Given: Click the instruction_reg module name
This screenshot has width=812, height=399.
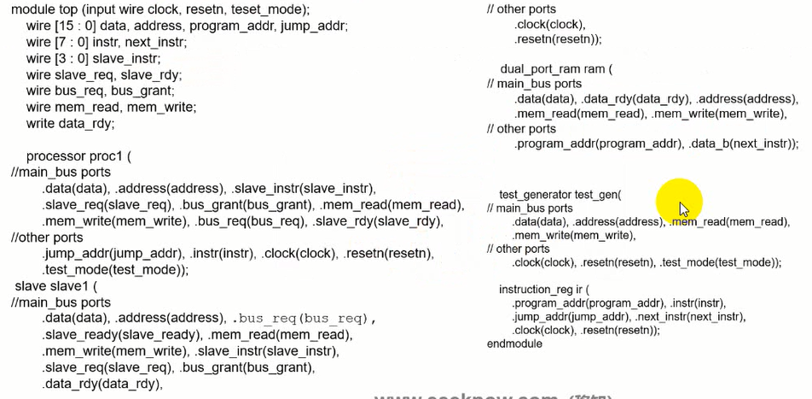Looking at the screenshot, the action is pos(542,290).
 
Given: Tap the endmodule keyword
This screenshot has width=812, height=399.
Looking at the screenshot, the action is pos(514,343).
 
